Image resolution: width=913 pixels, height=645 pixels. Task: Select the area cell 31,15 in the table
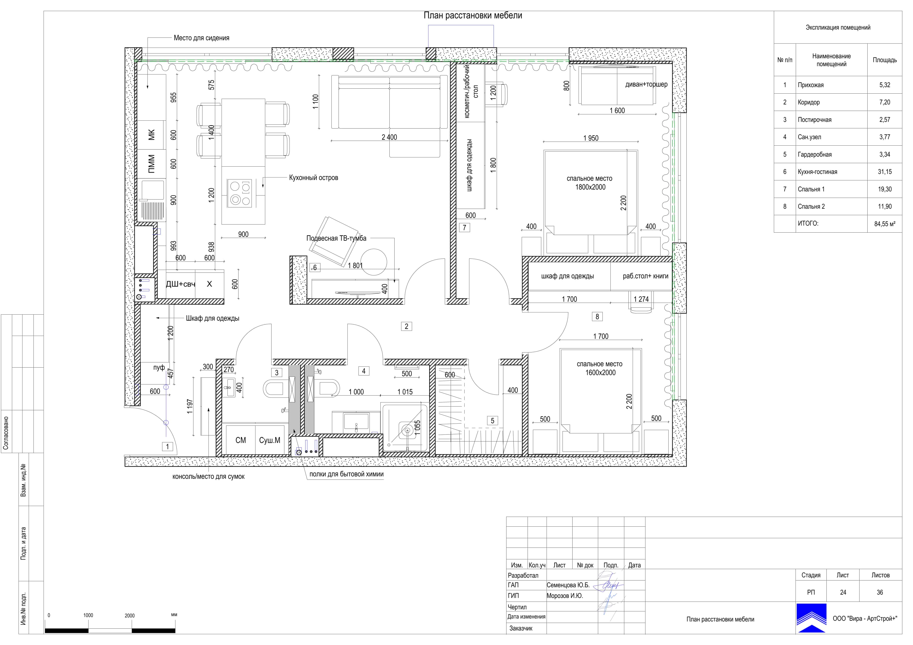coord(885,172)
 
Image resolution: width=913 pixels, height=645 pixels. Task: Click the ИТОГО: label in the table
coord(808,223)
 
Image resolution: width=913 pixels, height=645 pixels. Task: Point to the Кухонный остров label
coord(313,178)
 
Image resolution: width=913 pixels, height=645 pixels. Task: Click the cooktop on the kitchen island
coord(239,193)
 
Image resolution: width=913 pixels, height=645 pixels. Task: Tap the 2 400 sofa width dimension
coord(389,137)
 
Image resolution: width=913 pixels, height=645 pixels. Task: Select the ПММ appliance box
coord(151,163)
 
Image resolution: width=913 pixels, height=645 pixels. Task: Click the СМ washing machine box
coord(241,440)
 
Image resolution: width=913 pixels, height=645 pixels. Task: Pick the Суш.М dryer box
coord(270,440)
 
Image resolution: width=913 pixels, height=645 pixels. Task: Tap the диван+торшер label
coord(646,84)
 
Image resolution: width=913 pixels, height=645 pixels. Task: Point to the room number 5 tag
coord(492,420)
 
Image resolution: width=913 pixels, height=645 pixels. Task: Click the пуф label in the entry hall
coord(159,368)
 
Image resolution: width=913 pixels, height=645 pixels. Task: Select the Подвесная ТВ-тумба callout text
coord(336,238)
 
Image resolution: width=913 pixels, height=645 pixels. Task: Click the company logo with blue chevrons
coord(811,618)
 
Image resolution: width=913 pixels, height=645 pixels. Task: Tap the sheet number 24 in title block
coord(843,592)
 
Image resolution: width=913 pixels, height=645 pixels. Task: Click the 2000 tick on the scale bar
coord(130,616)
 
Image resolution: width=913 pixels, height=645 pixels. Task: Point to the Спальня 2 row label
coord(811,206)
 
